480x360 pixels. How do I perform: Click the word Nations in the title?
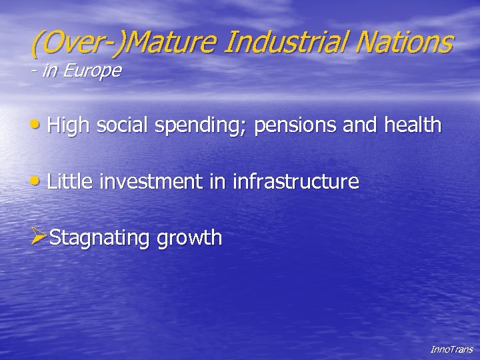pos(403,42)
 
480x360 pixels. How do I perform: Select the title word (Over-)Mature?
pos(125,43)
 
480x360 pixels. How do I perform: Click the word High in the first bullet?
pos(69,125)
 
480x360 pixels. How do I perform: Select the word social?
pos(123,125)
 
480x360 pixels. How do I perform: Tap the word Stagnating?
pos(100,238)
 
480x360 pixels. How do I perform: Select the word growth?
pos(189,238)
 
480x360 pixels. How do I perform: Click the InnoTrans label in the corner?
pos(451,349)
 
